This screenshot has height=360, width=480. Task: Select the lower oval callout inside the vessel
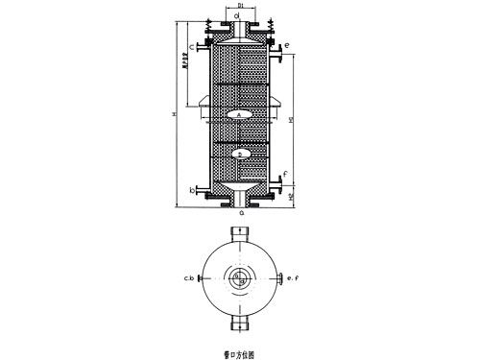pyautogui.click(x=241, y=154)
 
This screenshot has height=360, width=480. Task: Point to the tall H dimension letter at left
pyautogui.click(x=174, y=115)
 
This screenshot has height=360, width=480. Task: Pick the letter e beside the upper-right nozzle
pyautogui.click(x=286, y=45)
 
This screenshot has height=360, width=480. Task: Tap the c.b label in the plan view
pyautogui.click(x=191, y=279)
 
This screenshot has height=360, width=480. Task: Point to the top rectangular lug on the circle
pyautogui.click(x=238, y=237)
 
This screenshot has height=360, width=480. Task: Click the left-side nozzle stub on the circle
pyautogui.click(x=201, y=279)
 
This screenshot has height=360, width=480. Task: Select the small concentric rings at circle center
pyautogui.click(x=238, y=278)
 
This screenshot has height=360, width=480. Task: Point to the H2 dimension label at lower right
pyautogui.click(x=291, y=196)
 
